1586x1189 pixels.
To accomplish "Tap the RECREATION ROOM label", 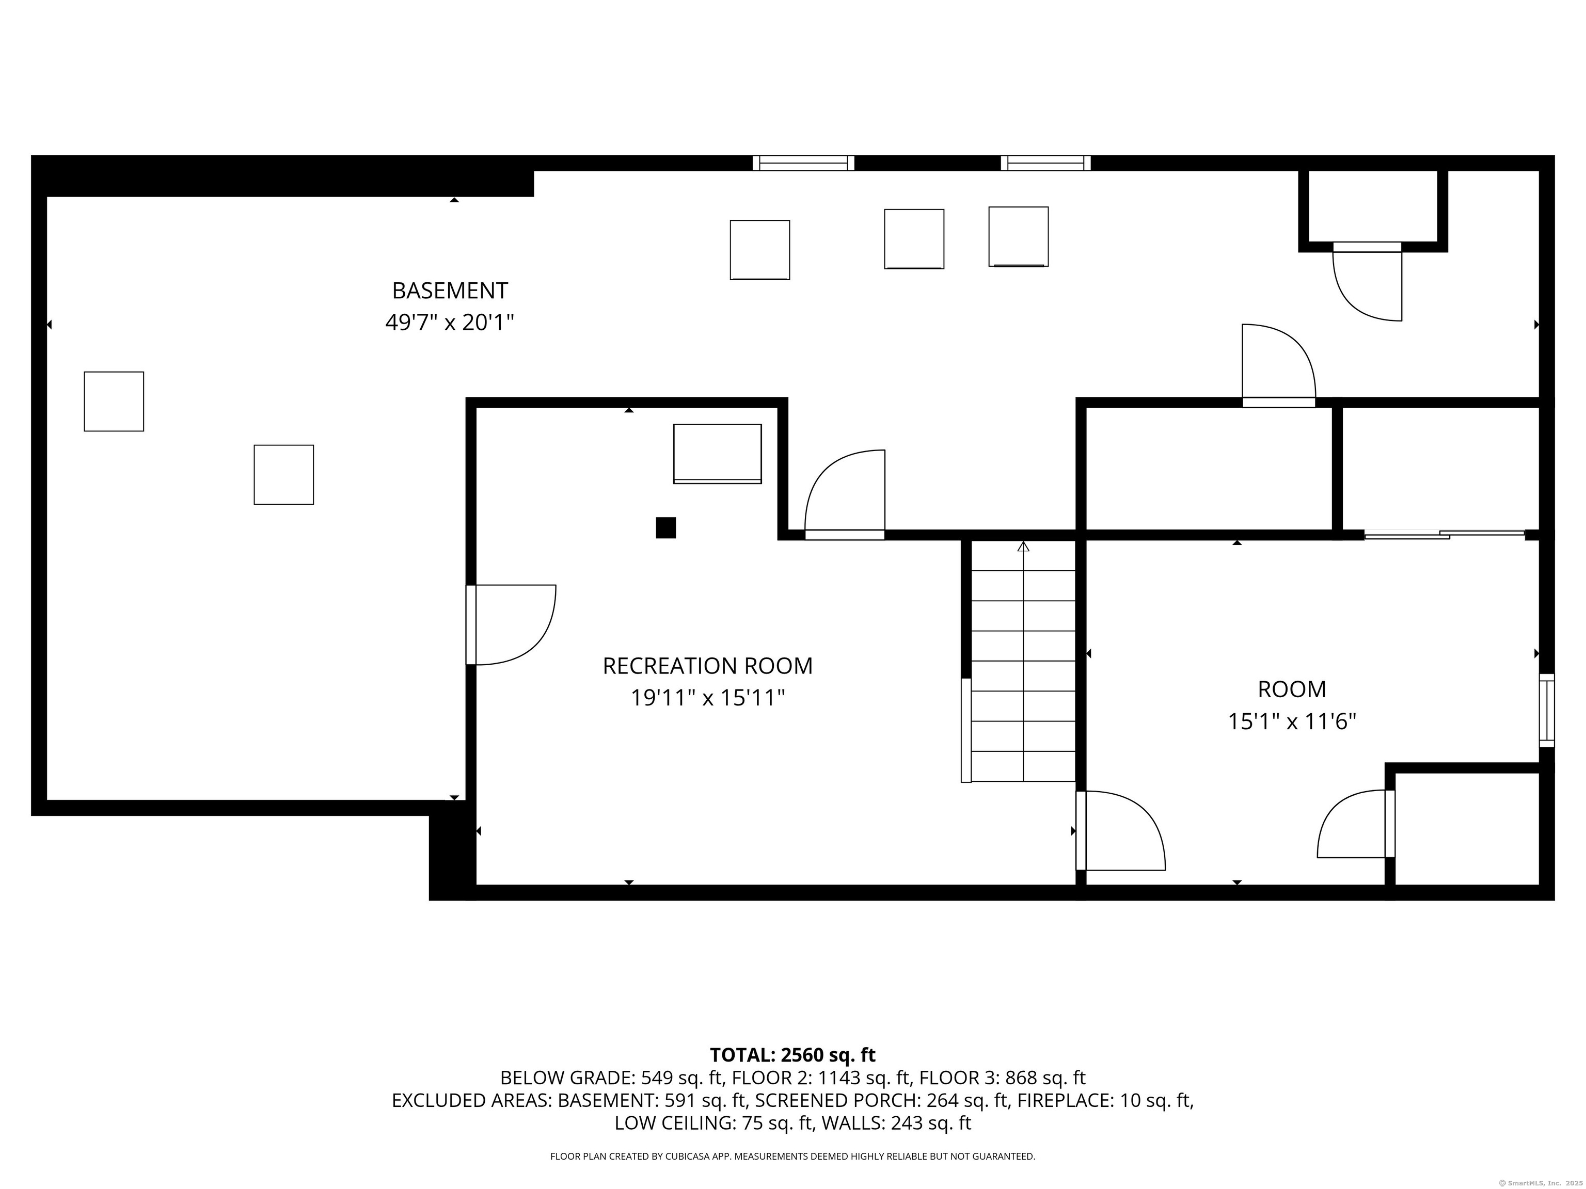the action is [x=708, y=666].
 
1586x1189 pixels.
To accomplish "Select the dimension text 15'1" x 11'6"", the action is [x=1292, y=721].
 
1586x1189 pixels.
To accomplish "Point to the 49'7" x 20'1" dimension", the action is [x=450, y=323].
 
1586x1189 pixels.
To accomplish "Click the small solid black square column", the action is [x=666, y=527].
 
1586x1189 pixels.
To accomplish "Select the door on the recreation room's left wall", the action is [x=511, y=625].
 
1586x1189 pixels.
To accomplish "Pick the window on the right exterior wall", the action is [x=1547, y=710].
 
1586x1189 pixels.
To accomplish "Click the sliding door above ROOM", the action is [x=1444, y=534].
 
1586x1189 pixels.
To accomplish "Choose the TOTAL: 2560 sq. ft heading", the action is [x=792, y=1055].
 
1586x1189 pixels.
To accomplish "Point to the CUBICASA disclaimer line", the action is [x=792, y=1156].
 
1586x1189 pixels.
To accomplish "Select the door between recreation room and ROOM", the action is [x=1121, y=831].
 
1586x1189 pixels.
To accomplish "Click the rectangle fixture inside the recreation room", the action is [x=717, y=454].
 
